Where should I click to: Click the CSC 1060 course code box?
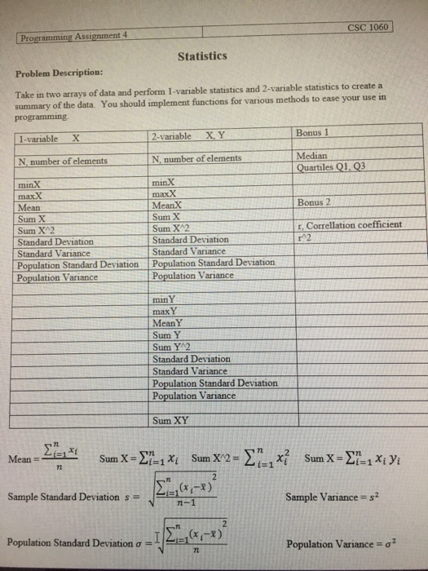click(x=369, y=26)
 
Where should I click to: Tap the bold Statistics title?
click(x=201, y=56)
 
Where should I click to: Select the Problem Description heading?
click(x=56, y=72)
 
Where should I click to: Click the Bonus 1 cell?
click(x=314, y=132)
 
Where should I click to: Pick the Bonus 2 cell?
click(x=314, y=201)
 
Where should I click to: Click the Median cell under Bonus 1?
click(x=312, y=155)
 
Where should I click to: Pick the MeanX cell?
click(x=168, y=206)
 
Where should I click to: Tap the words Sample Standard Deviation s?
click(x=68, y=497)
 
